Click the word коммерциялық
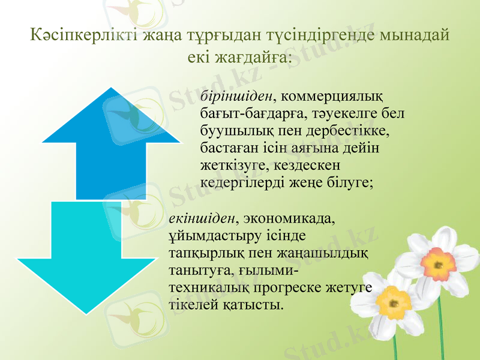(332, 95)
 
